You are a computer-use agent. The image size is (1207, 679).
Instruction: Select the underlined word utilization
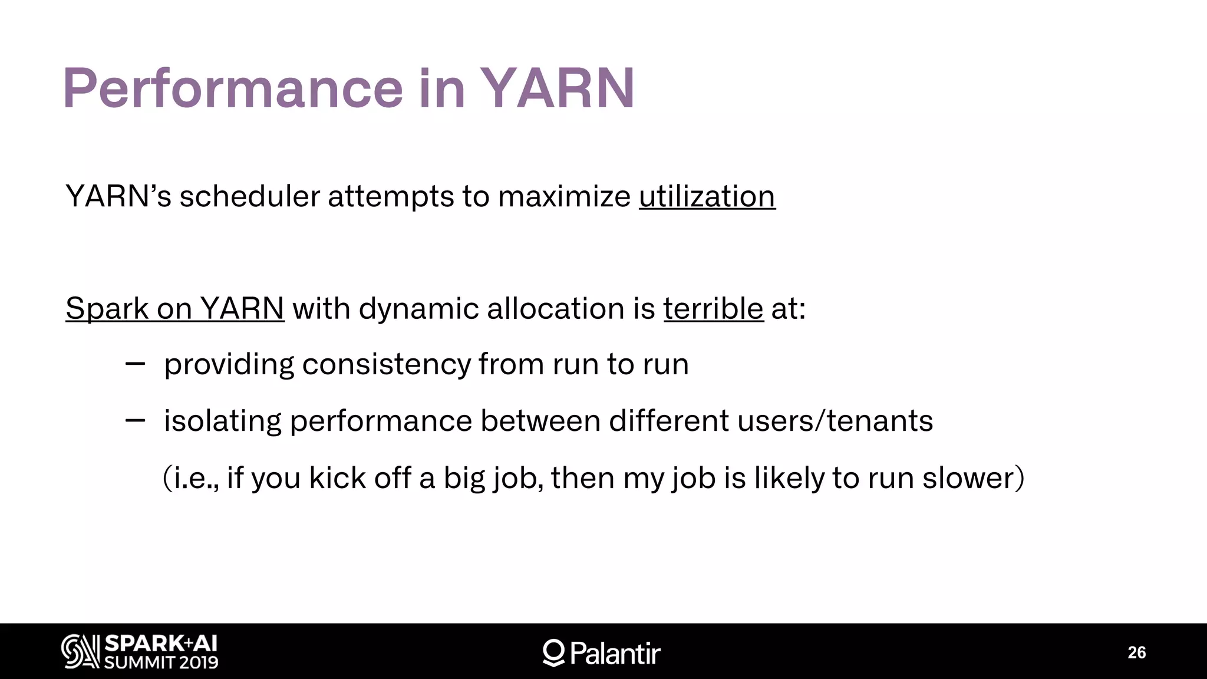point(707,196)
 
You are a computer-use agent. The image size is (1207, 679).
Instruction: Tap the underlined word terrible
point(713,308)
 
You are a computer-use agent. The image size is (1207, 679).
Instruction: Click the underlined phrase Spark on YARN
point(174,308)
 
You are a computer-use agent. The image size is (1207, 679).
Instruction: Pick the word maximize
point(564,196)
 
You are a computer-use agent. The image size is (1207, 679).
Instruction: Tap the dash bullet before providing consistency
point(135,364)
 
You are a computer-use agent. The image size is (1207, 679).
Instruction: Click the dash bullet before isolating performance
point(135,420)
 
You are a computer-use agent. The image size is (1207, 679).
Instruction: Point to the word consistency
point(386,364)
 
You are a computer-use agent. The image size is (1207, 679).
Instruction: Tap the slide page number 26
point(1136,652)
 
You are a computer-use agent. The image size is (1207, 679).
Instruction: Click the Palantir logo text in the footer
point(615,653)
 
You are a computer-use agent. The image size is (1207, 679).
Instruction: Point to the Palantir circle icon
point(553,652)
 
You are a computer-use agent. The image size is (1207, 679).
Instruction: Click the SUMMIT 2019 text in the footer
point(161,662)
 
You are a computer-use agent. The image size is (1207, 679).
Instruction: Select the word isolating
point(222,421)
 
